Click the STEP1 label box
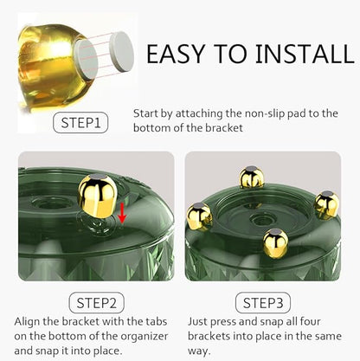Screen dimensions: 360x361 pos(80,123)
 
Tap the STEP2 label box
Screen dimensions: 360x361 pos(97,303)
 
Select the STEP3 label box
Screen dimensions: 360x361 pos(263,303)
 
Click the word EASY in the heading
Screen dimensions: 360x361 pos(176,54)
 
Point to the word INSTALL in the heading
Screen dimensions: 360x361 pos(305,54)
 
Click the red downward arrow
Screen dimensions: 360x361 pos(122,213)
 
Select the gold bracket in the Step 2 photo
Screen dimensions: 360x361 pos(98,197)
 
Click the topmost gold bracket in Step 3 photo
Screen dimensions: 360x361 pos(252,177)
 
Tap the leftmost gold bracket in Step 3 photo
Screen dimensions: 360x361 pos(200,216)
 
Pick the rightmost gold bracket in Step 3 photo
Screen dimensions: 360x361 pos(326,204)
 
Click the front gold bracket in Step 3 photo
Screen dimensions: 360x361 pos(275,242)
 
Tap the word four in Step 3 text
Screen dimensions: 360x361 pos(311,321)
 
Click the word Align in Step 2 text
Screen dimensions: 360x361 pos(27,322)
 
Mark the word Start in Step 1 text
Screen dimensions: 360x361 pos(145,113)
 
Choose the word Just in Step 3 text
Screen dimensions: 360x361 pos(198,321)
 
